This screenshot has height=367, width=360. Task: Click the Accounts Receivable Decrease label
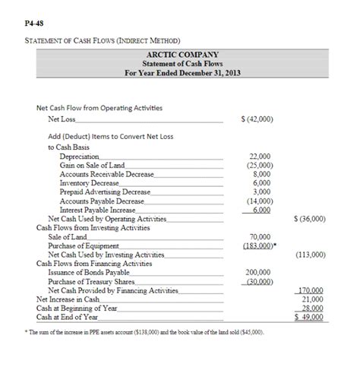106,173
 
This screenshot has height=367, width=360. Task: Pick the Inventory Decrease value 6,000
261,182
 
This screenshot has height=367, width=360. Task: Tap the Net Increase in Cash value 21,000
313,299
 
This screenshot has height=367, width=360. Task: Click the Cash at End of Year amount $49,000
310,318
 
